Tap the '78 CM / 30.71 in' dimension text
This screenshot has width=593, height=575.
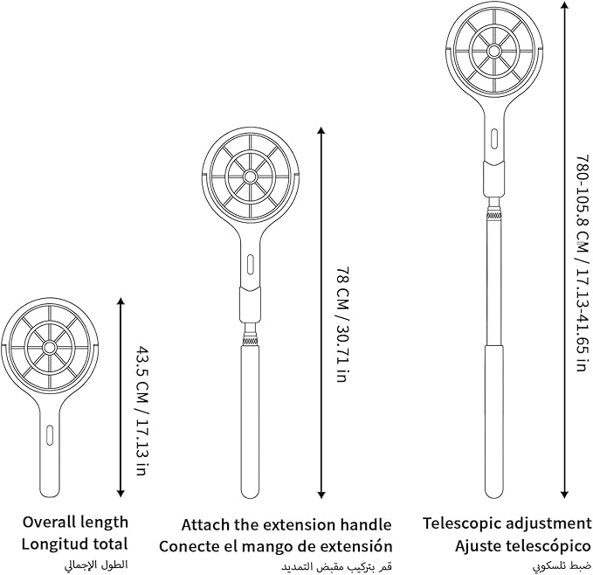tap(341, 324)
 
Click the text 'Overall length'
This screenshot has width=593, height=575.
tap(75, 522)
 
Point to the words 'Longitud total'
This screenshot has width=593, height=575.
tap(74, 544)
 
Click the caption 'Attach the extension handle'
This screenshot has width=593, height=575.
tap(286, 524)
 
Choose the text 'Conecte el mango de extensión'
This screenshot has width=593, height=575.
tap(275, 546)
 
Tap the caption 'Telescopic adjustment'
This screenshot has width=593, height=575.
tap(507, 523)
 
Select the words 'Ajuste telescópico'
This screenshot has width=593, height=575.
tap(522, 546)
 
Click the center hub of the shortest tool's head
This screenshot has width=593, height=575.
tap(49, 347)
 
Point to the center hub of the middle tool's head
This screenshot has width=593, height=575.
tap(250, 177)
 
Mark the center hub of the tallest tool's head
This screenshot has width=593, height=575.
tap(493, 51)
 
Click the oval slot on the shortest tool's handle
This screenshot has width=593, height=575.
tap(49, 435)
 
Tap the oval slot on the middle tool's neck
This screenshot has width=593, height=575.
tap(250, 265)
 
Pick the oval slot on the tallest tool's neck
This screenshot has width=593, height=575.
tap(493, 139)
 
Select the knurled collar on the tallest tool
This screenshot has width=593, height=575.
tap(493, 217)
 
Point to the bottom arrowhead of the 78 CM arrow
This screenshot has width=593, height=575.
tap(321, 495)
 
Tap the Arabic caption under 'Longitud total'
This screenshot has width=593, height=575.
tap(96, 565)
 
